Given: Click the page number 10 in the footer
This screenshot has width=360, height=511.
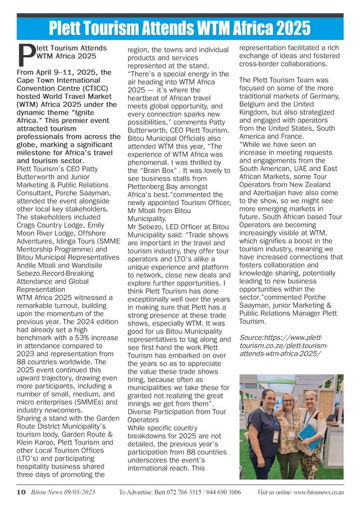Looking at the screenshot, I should coord(20,492).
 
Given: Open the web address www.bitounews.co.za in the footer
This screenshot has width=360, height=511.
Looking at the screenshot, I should coord(315,492).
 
